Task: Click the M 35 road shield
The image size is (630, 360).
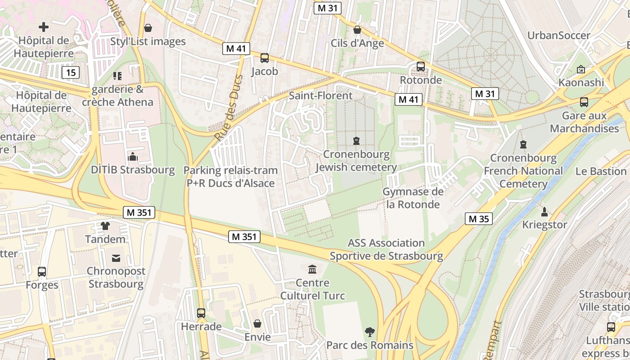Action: pos(478,219)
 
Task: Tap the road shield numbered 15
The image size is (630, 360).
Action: pos(70,72)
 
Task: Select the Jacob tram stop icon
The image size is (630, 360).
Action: pos(265,58)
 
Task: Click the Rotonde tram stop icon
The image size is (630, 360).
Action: pos(421,67)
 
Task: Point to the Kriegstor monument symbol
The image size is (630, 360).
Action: pos(544,211)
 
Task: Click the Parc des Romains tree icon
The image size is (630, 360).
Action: pos(369,332)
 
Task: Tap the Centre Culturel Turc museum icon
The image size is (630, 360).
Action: pos(312,270)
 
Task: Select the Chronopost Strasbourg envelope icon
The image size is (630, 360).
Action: pos(116,258)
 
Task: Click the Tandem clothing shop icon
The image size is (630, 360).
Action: pos(105,226)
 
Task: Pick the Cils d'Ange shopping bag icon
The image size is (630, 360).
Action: pos(357,30)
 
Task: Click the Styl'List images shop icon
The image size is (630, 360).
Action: pos(148,28)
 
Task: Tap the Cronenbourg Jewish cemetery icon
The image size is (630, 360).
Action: pos(356,141)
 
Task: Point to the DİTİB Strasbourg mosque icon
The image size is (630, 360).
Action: pos(133,157)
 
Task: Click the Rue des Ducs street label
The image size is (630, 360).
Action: pos(229,108)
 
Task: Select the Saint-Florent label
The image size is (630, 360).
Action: pos(320,95)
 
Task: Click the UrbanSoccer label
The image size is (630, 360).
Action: pos(558,36)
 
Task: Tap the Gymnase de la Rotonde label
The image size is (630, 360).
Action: pos(413,198)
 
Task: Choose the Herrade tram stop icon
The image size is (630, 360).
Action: pos(201,313)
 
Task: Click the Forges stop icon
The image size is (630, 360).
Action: pos(42,271)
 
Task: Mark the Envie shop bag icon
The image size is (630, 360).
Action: pos(257,324)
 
